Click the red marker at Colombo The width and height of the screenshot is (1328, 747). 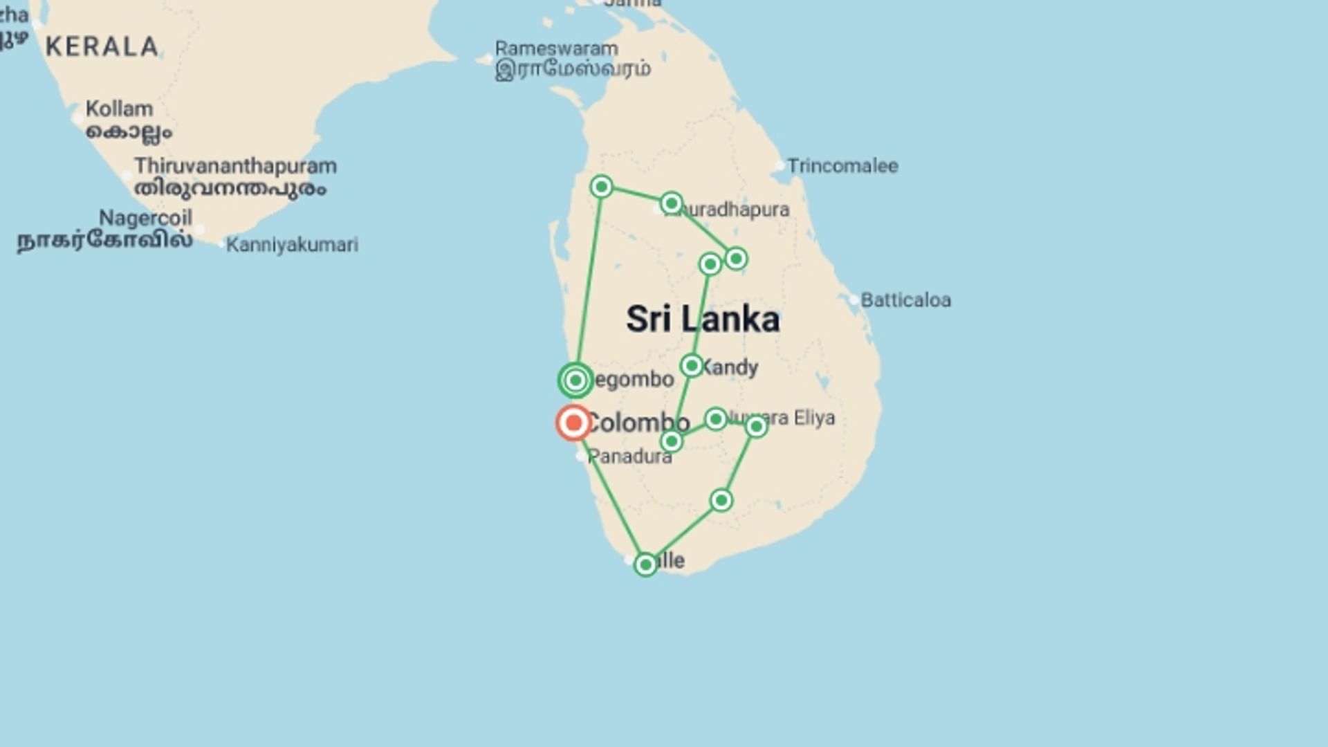point(573,423)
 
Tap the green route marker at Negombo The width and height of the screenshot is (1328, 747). point(575,380)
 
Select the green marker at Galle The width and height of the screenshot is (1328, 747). point(645,564)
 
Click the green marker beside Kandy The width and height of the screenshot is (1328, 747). point(692,365)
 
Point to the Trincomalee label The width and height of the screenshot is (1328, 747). point(842,166)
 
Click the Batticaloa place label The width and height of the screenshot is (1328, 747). point(905,300)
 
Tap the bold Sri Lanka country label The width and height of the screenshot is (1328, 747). point(703,320)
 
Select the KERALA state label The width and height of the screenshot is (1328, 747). point(102,47)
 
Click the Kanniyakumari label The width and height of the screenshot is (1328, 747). point(292,245)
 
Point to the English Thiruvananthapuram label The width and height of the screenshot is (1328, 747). point(235,166)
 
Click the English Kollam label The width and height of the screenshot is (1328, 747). point(119,109)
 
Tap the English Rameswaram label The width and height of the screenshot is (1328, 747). point(556,49)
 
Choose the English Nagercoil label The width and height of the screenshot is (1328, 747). point(145,218)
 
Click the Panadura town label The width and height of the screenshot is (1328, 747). point(629,456)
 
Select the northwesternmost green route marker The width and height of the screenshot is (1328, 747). point(601,187)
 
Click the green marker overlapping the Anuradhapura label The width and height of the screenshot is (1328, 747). point(671,203)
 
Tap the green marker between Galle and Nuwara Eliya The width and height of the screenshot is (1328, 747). point(721,500)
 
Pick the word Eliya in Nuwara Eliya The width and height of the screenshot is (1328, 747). point(814,418)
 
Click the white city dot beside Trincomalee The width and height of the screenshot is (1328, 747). point(780,166)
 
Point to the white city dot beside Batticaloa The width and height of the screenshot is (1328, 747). point(854,300)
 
